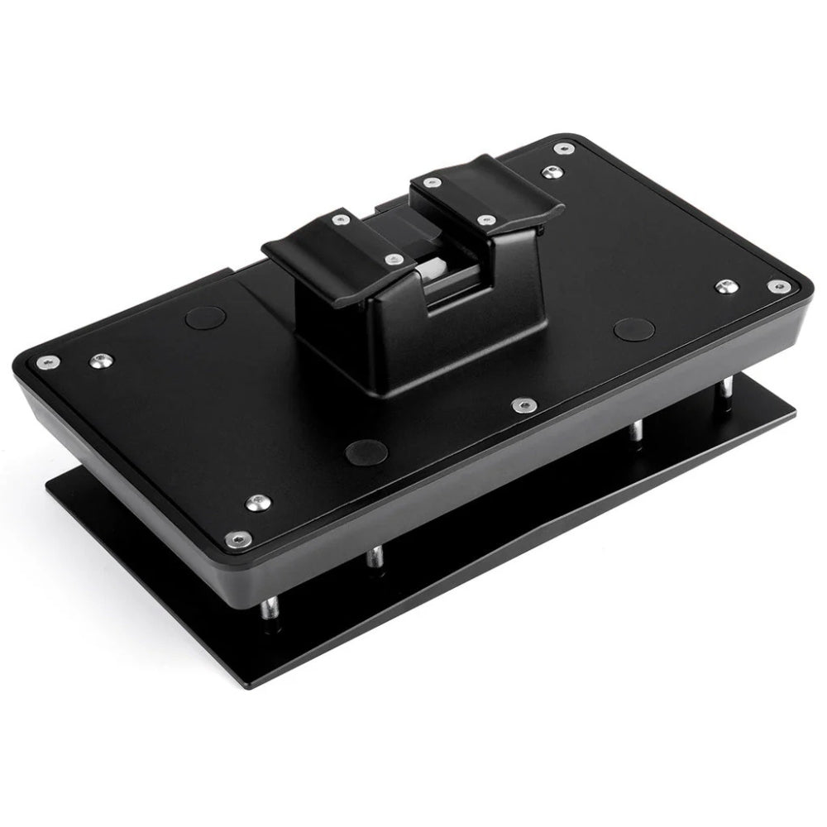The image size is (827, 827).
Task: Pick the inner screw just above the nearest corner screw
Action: click(259, 501)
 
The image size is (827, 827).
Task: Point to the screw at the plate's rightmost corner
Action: click(777, 286)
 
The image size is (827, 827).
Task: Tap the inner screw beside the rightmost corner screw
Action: click(724, 285)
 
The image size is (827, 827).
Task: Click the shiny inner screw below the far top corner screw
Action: click(548, 174)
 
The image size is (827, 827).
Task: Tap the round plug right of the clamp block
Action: click(633, 325)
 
